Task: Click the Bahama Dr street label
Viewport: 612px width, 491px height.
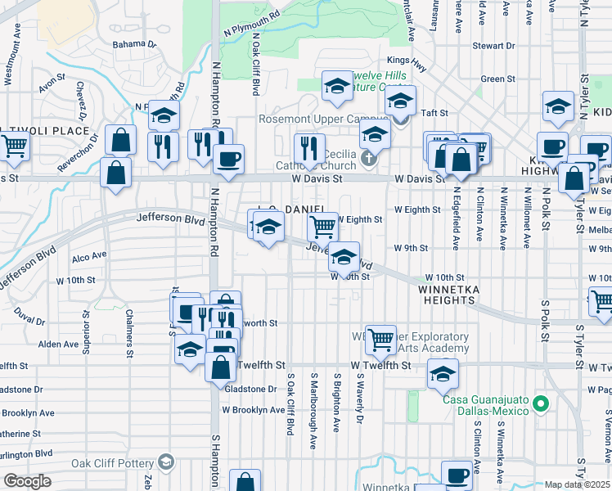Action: [134, 44]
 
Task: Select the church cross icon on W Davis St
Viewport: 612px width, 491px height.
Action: [369, 158]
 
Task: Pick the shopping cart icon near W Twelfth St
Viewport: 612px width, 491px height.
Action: [380, 338]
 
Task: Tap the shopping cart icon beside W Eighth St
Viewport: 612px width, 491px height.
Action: [323, 226]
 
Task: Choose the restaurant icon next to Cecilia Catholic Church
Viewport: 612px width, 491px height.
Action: [309, 148]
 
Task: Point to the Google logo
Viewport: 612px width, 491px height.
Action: [28, 481]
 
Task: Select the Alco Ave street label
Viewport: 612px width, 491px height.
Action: [89, 255]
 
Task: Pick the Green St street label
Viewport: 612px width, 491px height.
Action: [497, 79]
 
